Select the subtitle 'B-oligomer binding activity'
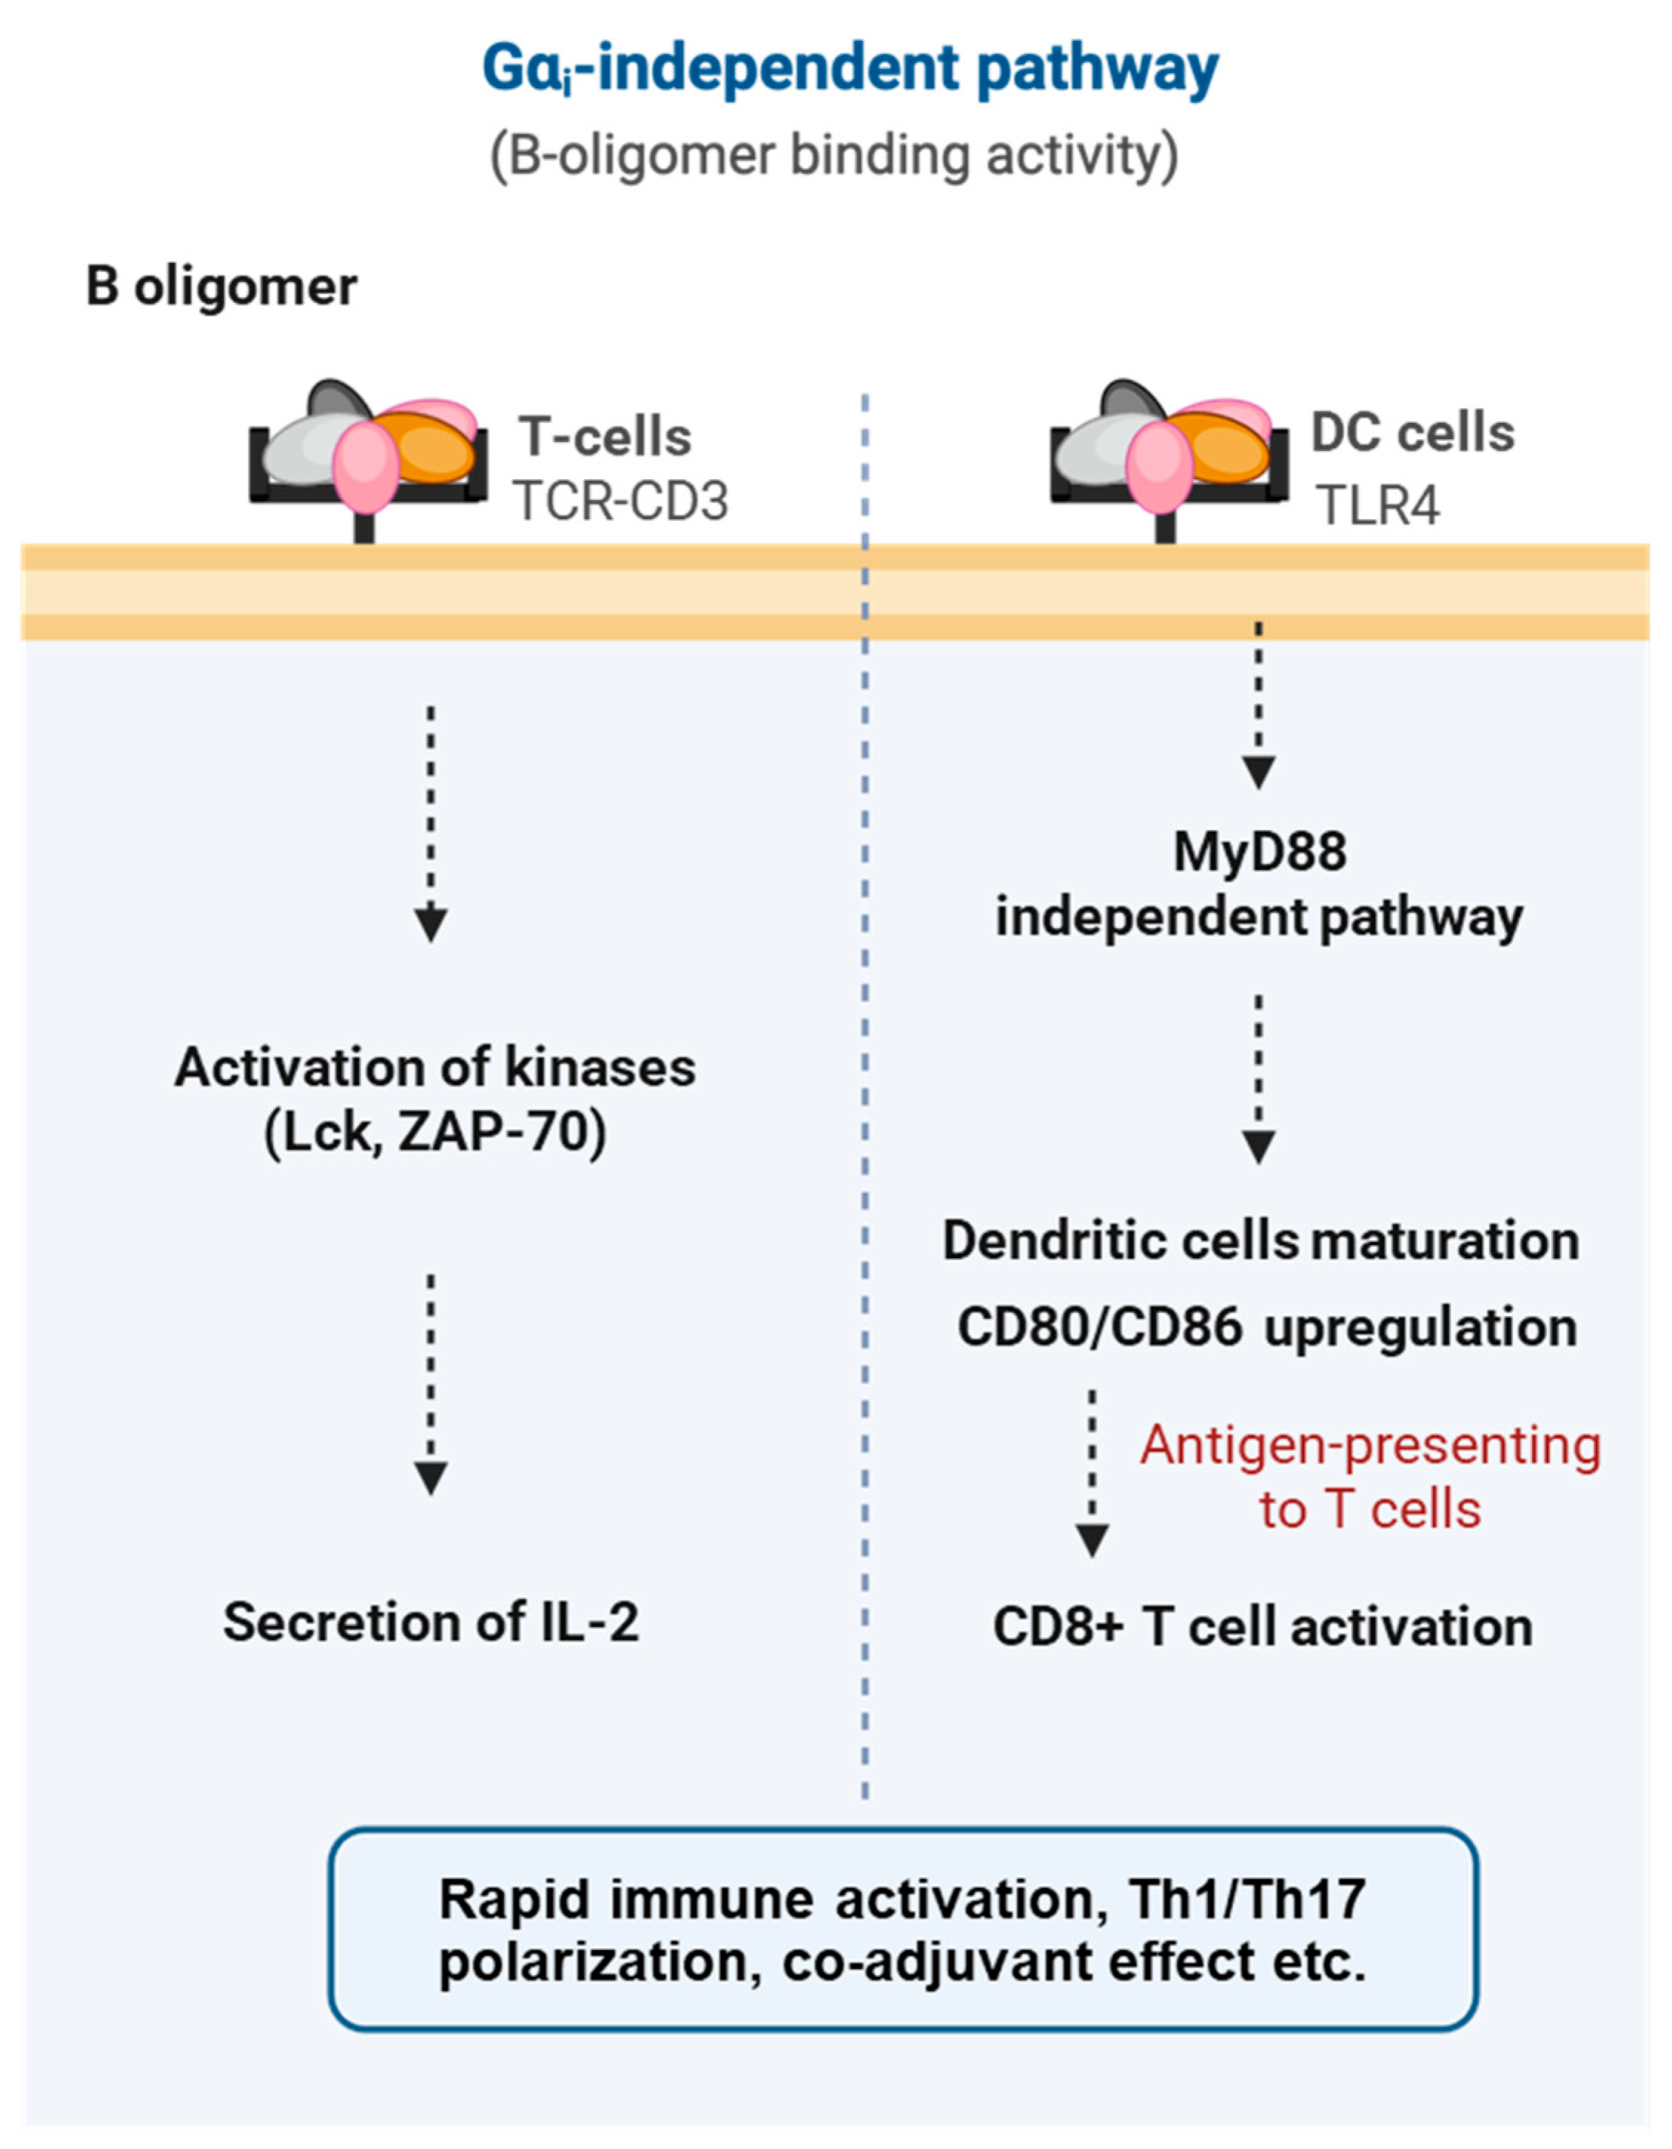coord(834,156)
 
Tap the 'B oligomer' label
coord(221,287)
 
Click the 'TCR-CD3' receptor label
coord(620,502)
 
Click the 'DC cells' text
coord(1412,433)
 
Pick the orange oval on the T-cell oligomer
coord(429,448)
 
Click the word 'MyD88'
coord(1260,852)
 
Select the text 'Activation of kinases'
coord(434,1068)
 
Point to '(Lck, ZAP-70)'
coord(434,1132)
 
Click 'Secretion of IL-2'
coord(431,1622)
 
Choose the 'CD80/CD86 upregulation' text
coord(1267,1327)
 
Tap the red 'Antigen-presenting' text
coord(1371,1446)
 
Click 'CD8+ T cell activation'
coord(1263,1626)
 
